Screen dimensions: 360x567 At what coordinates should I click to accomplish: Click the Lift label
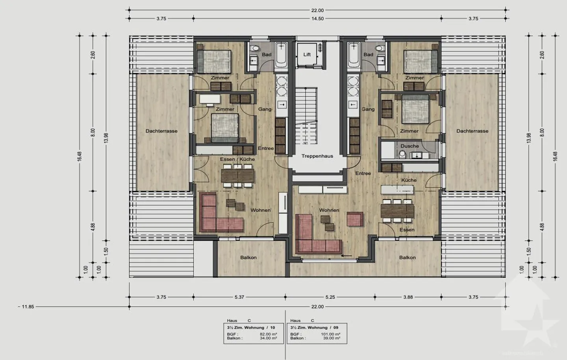point(307,55)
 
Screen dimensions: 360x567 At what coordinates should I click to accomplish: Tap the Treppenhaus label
point(317,156)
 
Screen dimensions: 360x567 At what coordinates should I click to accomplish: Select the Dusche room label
point(409,146)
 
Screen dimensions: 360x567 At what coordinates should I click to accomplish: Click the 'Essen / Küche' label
point(237,159)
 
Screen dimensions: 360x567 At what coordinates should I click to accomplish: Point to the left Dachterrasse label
point(161,131)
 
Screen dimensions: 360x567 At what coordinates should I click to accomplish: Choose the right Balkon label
point(407,258)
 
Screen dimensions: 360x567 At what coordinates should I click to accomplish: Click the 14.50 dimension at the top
point(317,18)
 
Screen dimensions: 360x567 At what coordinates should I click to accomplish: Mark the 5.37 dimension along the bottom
point(239,297)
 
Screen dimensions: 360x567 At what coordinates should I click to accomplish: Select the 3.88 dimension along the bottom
point(408,297)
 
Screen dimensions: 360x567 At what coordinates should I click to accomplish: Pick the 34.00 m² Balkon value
point(268,338)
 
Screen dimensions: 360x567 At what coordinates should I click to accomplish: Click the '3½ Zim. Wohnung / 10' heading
point(251,327)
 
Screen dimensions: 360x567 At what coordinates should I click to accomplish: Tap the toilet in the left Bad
point(256,48)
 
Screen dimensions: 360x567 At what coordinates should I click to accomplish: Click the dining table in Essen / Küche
point(237,175)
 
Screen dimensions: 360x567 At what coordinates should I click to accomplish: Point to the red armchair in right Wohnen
point(355,219)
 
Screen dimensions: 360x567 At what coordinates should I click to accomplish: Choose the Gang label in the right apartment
point(368,109)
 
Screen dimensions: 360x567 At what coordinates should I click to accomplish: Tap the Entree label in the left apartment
point(266,148)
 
